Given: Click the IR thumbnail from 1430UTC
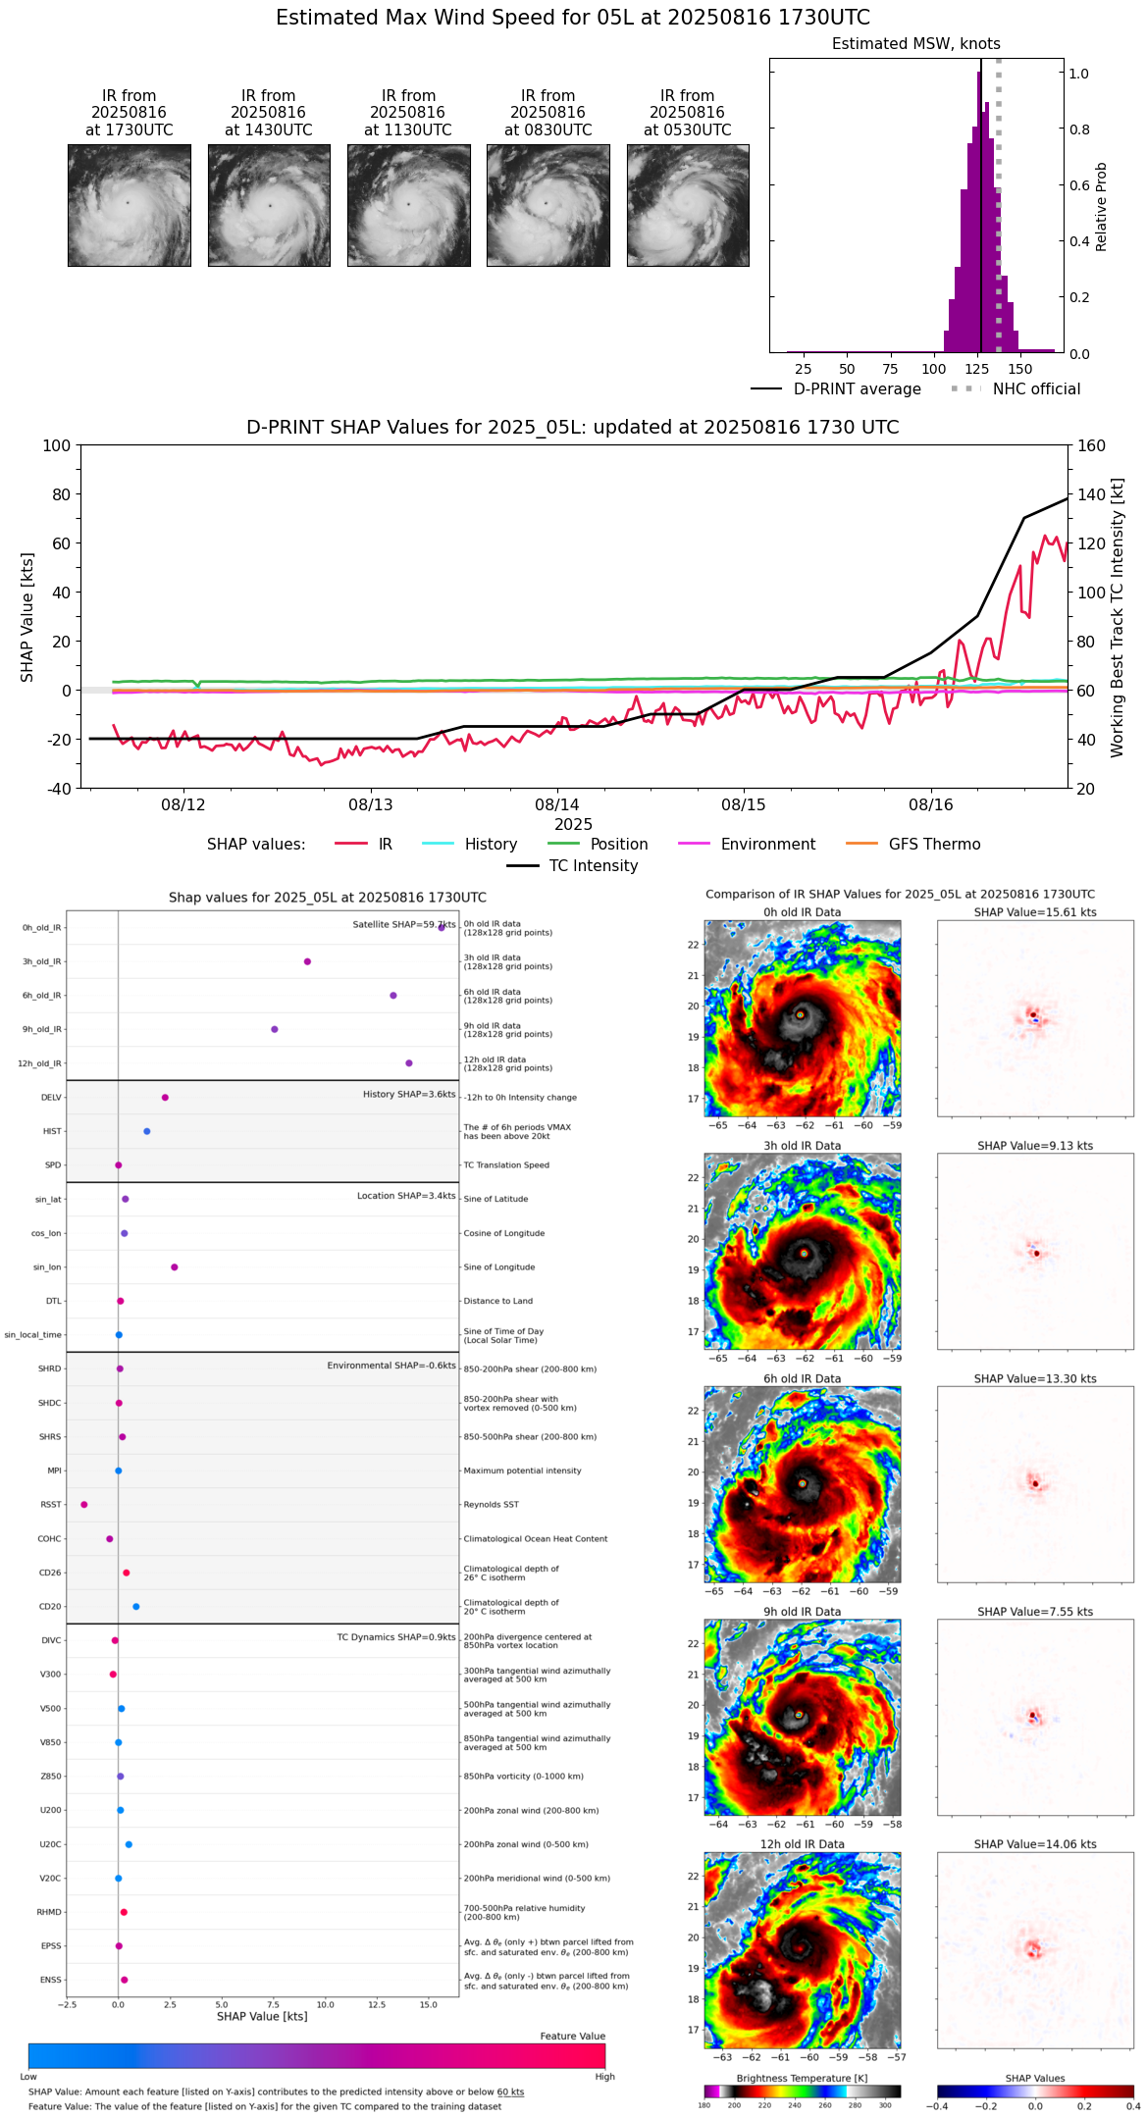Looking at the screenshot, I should pos(269,205).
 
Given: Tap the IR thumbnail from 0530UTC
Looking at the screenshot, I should pos(688,205).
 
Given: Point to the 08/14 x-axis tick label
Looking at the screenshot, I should pos(557,805).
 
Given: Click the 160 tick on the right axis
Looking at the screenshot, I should pos(1091,446).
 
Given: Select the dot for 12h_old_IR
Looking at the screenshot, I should pos(409,1063).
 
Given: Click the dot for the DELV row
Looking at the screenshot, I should pos(165,1098).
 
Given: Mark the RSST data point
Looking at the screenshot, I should pos(84,1505).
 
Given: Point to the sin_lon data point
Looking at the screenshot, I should pos(175,1267).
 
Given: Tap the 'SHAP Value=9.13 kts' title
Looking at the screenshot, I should pos(1034,1146).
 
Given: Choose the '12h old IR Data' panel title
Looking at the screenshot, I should pos(802,1844).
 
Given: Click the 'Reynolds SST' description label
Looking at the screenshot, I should pos(492,1505).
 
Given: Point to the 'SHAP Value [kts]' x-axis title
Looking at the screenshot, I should pos(262,2017).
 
